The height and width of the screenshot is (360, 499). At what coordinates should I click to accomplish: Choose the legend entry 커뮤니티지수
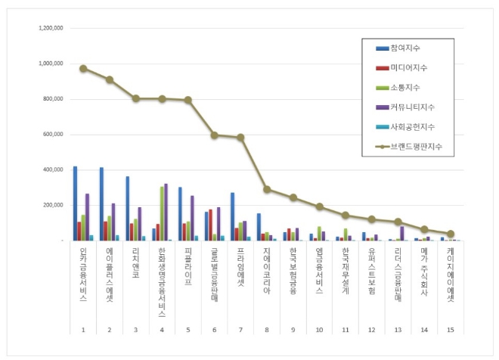pos(414,107)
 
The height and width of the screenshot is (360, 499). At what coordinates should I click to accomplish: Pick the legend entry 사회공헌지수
pos(414,126)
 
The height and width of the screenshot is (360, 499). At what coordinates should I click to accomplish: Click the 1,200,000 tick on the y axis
pos(50,28)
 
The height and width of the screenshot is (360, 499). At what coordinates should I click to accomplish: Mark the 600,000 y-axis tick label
pos(51,135)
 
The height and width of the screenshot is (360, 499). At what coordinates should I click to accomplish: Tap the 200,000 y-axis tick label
pos(51,205)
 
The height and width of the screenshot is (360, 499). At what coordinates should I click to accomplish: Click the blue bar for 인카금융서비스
pos(75,203)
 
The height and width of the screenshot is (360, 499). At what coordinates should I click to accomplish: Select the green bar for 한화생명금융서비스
pos(161,213)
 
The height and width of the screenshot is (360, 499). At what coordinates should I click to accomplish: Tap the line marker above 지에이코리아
pos(267,189)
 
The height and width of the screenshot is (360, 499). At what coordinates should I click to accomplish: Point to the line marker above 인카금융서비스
pos(83,68)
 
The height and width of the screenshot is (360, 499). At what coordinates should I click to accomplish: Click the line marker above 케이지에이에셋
pos(451,234)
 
